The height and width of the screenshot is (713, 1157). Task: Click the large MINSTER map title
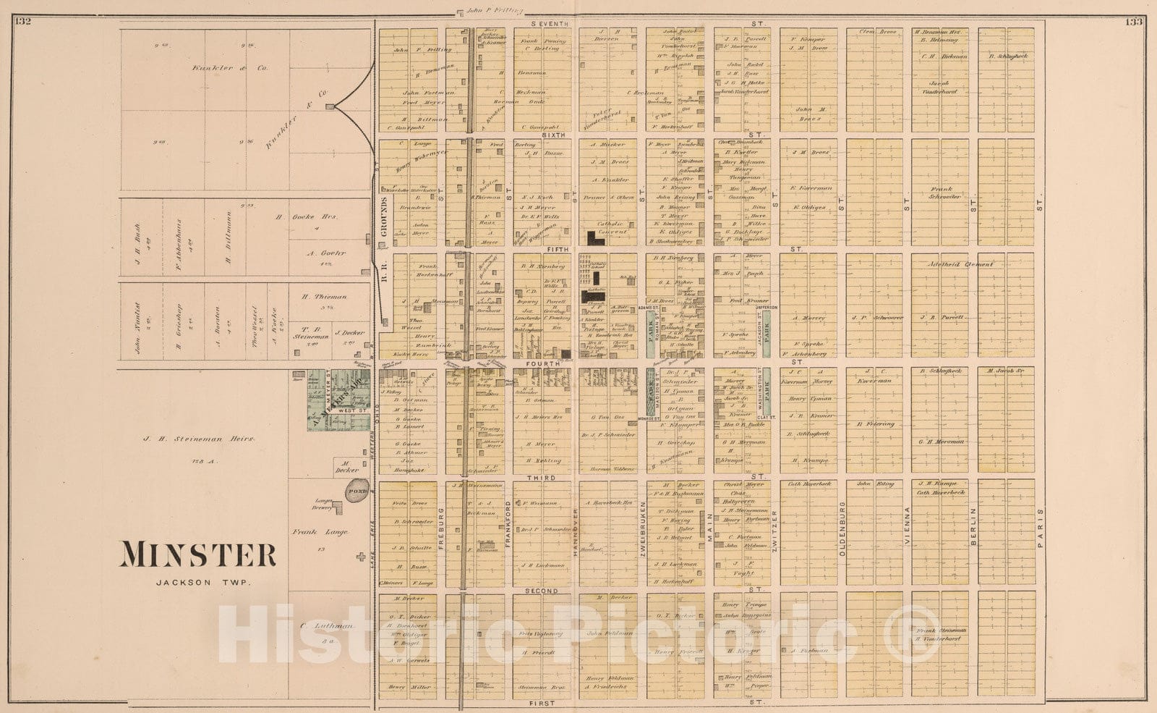pyautogui.click(x=197, y=554)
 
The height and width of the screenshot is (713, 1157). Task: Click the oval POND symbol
pyautogui.click(x=357, y=490)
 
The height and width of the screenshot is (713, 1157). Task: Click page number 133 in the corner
pyautogui.click(x=1132, y=22)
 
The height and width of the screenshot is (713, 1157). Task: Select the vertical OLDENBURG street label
pyautogui.click(x=842, y=528)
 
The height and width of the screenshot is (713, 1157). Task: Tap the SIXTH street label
pyautogui.click(x=552, y=135)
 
